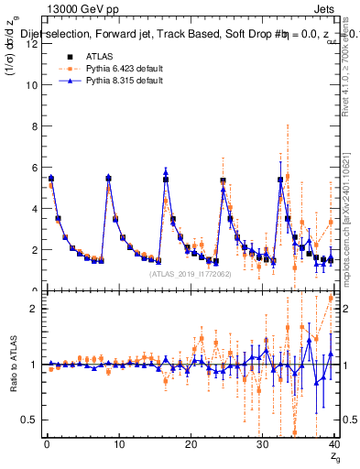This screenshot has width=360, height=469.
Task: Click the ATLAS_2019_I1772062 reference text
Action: coord(191,273)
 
